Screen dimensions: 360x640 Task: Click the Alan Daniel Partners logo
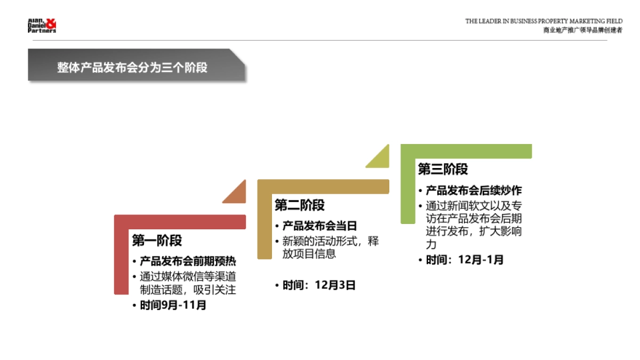42,26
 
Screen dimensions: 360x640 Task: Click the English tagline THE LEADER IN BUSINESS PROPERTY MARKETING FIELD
543,21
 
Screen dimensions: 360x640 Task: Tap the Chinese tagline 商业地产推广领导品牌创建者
582,30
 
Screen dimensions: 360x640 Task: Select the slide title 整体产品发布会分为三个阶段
132,68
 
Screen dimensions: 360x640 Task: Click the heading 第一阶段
157,241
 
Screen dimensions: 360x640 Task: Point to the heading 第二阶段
299,205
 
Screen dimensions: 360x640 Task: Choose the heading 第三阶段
443,169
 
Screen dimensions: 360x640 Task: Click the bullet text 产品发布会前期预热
188,261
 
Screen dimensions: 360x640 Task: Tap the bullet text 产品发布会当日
319,226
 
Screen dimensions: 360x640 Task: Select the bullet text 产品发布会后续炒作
474,190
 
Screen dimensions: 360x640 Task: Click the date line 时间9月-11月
173,306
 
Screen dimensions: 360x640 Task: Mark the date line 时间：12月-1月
464,260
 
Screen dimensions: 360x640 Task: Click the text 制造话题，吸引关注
188,290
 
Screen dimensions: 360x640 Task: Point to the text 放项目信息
309,254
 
